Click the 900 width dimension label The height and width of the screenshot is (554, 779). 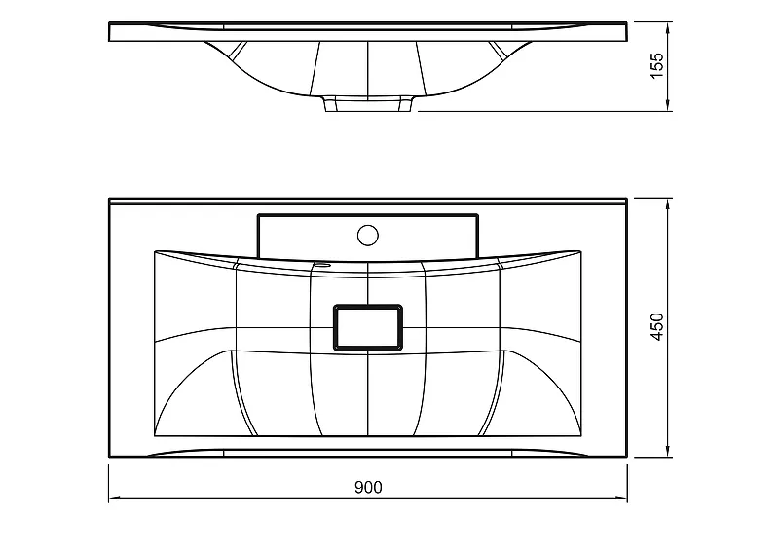[368, 487]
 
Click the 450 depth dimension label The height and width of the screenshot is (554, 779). [656, 326]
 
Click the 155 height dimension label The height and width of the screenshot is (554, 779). [656, 65]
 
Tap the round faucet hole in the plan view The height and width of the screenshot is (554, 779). [368, 235]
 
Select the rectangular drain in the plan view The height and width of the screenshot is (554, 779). [368, 327]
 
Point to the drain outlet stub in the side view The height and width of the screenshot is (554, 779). [369, 103]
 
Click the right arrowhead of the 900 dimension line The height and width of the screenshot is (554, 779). [621, 498]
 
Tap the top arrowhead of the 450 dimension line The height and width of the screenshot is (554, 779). [668, 204]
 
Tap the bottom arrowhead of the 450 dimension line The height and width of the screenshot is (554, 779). [668, 450]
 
